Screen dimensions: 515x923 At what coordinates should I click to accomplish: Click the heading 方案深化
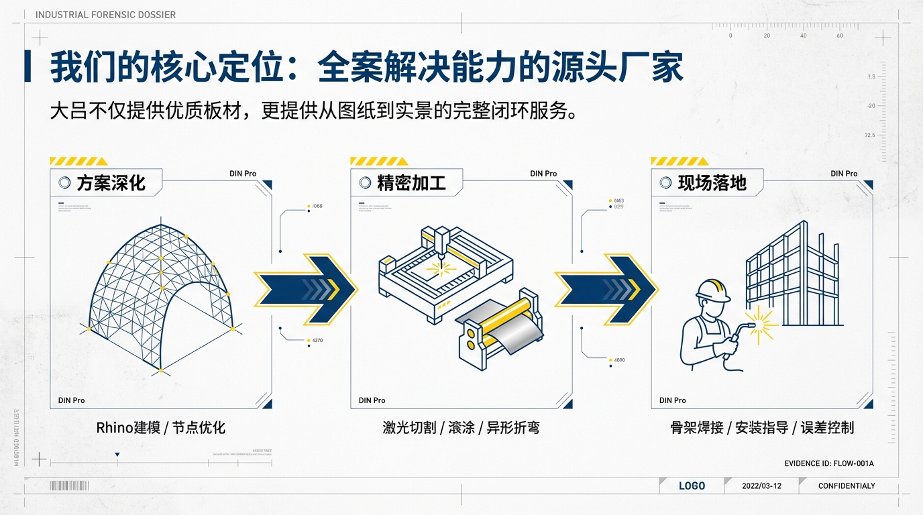click(111, 182)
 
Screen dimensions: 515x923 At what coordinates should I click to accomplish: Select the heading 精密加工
click(411, 182)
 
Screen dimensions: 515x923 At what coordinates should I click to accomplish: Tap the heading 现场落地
click(712, 182)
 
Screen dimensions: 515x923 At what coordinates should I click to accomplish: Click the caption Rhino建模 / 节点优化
click(161, 427)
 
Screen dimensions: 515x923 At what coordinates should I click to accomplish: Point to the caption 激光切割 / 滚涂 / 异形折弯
click(461, 427)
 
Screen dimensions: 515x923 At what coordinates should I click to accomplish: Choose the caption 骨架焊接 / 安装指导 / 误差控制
click(761, 427)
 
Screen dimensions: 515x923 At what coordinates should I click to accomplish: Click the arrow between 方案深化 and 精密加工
click(305, 289)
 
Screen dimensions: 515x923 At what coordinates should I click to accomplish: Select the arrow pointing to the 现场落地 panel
click(606, 289)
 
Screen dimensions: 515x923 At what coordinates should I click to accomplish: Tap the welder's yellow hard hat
click(713, 290)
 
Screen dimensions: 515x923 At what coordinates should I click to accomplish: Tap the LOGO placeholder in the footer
click(692, 485)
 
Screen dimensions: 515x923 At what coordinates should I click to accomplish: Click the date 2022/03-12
click(761, 485)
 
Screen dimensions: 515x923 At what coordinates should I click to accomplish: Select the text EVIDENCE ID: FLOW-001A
click(829, 463)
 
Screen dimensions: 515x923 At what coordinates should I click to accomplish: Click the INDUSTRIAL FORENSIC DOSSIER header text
click(105, 15)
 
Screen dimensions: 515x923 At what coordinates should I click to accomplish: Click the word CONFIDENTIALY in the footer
click(847, 485)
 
